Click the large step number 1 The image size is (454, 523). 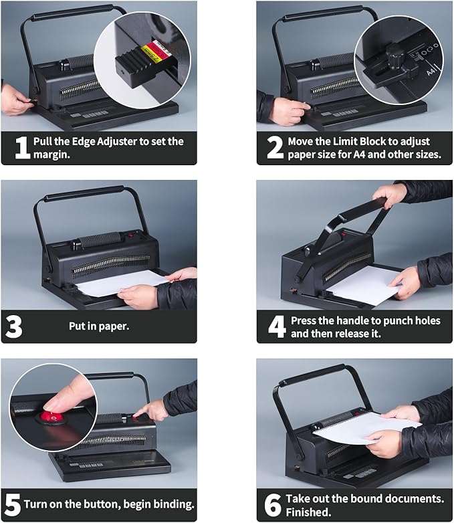[x=21, y=148]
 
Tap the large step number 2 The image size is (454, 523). [x=275, y=148]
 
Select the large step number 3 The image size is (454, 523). [x=14, y=326]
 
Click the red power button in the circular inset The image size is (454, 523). [x=51, y=417]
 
